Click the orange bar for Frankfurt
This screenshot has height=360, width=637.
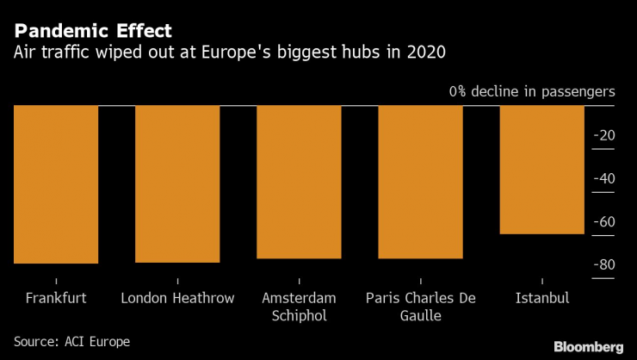pyautogui.click(x=56, y=183)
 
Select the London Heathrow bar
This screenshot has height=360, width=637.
pyautogui.click(x=177, y=183)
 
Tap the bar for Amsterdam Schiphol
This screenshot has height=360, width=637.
pyautogui.click(x=299, y=181)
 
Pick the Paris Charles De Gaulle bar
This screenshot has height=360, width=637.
pyautogui.click(x=420, y=181)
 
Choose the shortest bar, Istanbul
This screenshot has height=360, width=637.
pyautogui.click(x=541, y=169)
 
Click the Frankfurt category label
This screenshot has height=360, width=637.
pyautogui.click(x=56, y=298)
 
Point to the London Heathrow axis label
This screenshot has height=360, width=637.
pyautogui.click(x=177, y=298)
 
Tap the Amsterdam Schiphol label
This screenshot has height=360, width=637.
pyautogui.click(x=299, y=307)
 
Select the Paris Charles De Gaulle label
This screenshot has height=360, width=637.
pyautogui.click(x=420, y=307)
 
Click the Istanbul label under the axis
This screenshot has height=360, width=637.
pyautogui.click(x=541, y=298)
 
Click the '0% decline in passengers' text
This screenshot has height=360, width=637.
pyautogui.click(x=531, y=90)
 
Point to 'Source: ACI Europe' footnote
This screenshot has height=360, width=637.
pyautogui.click(x=71, y=342)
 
